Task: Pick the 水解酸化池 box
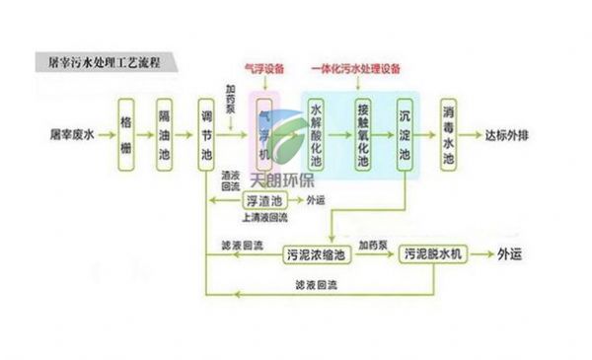[317, 131]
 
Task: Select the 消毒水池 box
[448, 131]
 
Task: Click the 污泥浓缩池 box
[317, 254]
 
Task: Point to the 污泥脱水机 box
[434, 254]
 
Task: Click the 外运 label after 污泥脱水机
[512, 254]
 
